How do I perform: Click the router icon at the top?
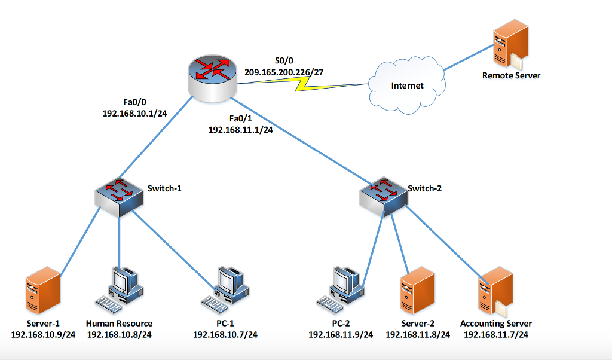213,77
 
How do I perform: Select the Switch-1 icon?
120,198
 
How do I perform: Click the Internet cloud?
407,85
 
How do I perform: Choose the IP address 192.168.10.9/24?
43,334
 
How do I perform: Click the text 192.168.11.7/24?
496,334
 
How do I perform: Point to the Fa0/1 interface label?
241,118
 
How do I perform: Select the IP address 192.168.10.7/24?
225,334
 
